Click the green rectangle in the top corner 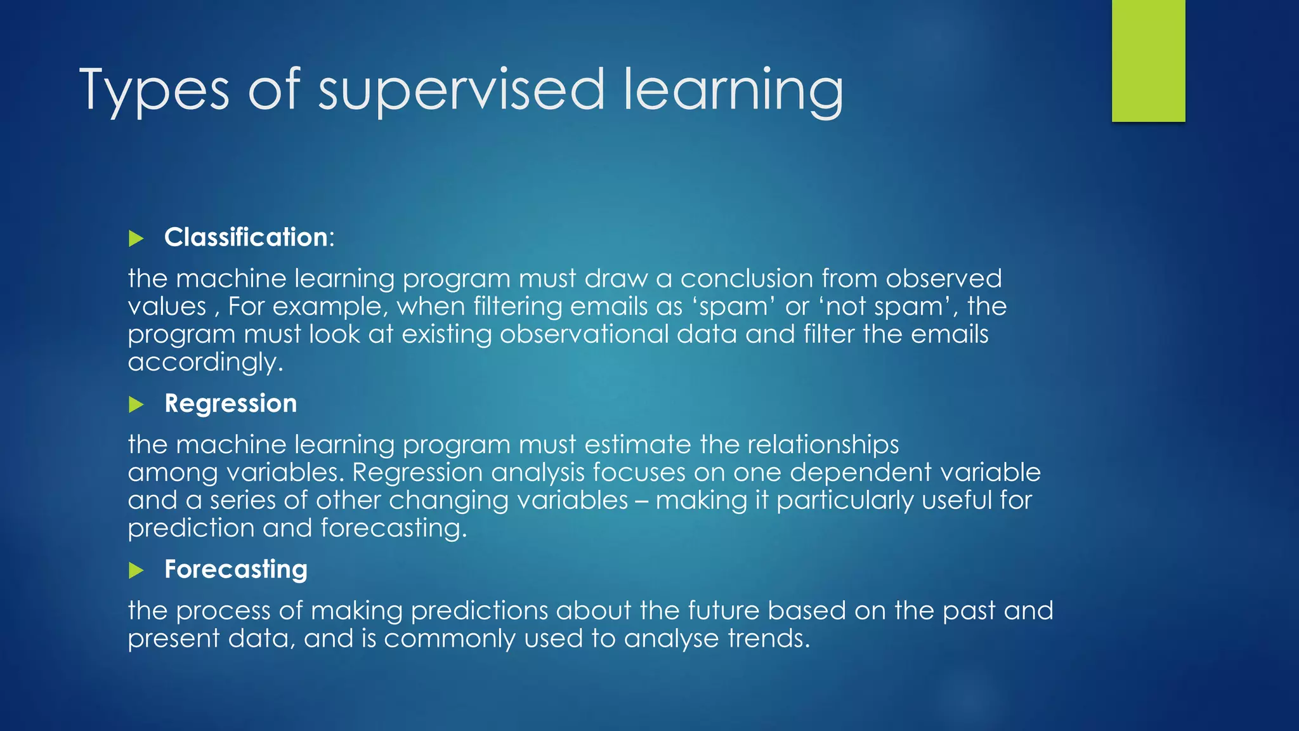1148,60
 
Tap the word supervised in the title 461,91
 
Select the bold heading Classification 246,237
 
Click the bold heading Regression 231,404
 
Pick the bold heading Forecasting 236,569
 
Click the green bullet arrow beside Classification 136,239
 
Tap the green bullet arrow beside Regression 136,404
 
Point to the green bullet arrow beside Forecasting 136,570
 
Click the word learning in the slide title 733,91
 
